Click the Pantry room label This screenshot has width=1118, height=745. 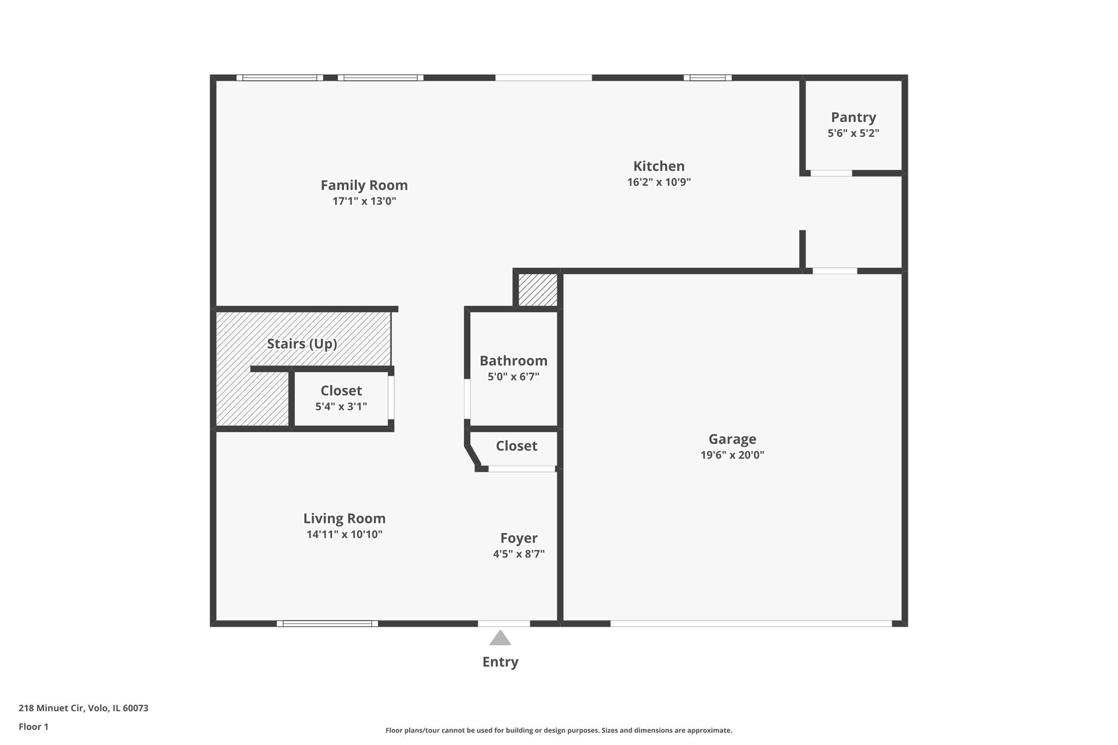tap(853, 117)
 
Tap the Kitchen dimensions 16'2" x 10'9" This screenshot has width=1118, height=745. tap(659, 182)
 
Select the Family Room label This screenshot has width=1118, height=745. tap(364, 186)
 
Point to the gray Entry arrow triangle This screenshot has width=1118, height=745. tap(500, 639)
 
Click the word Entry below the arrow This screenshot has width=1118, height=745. tap(500, 662)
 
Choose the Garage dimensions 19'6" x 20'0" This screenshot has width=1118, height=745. tap(732, 455)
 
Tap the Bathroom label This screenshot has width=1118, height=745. tap(513, 361)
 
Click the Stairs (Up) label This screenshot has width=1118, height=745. tap(302, 344)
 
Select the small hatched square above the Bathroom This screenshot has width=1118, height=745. tap(538, 290)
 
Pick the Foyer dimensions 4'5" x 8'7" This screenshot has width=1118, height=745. tap(519, 554)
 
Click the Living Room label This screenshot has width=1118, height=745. tap(344, 518)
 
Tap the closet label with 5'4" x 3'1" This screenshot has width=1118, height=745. tap(341, 391)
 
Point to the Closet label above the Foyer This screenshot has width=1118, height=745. tap(516, 446)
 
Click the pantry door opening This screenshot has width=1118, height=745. tap(831, 173)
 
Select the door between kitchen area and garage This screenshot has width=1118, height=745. tap(835, 271)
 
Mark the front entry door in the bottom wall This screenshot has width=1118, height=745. tap(504, 623)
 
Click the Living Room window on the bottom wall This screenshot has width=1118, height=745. tap(327, 623)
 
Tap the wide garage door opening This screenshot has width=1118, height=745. tap(751, 623)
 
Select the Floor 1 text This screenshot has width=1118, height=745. tap(33, 726)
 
